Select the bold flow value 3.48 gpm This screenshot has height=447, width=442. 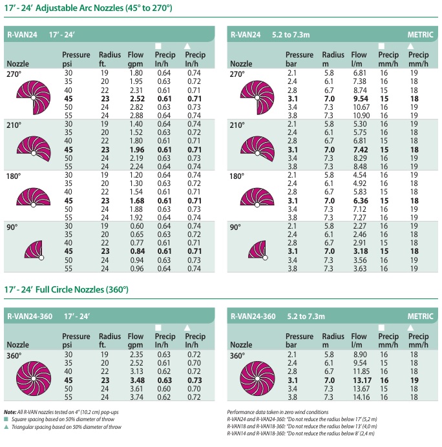click(136, 381)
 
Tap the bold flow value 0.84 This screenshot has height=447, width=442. click(136, 251)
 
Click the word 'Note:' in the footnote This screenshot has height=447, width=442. click(10, 412)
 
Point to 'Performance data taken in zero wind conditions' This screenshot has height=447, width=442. click(278, 412)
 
